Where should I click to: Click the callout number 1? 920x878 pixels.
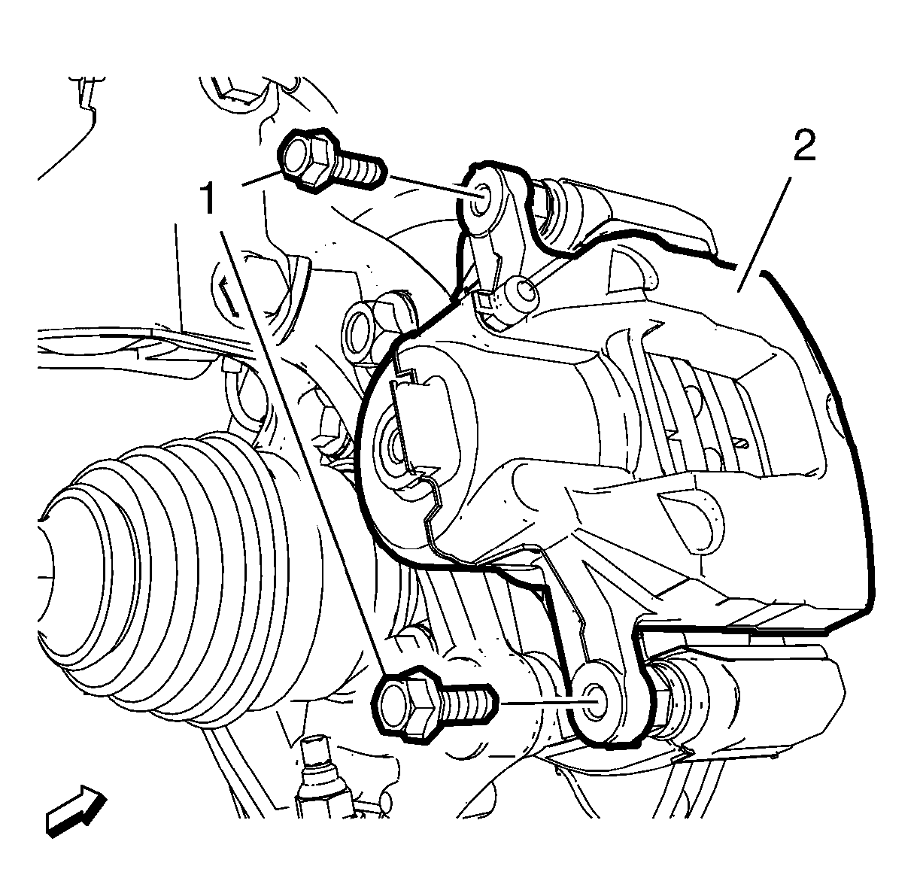click(208, 199)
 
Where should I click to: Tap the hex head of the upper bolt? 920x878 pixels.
click(303, 160)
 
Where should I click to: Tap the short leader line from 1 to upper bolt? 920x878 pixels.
click(260, 179)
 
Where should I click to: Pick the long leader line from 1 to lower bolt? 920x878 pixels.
click(304, 451)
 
